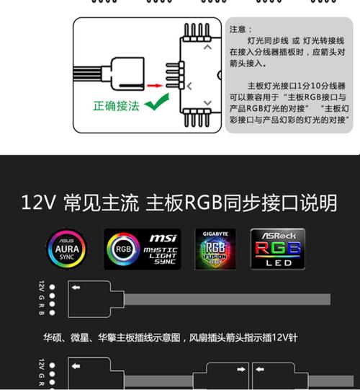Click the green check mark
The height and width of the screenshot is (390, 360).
pos(152,107)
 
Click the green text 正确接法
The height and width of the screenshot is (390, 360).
pos(116,106)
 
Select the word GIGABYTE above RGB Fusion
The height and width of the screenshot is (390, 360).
pos(215,234)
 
